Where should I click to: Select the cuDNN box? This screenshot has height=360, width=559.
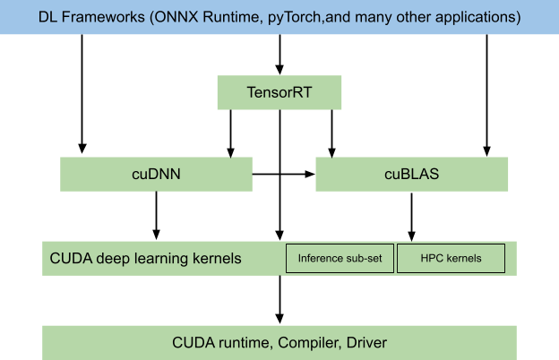point(156,174)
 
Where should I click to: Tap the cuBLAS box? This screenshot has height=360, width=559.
point(411,174)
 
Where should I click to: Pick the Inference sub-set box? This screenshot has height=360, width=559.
point(340,259)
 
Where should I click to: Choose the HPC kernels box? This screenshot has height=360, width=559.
point(451,259)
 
